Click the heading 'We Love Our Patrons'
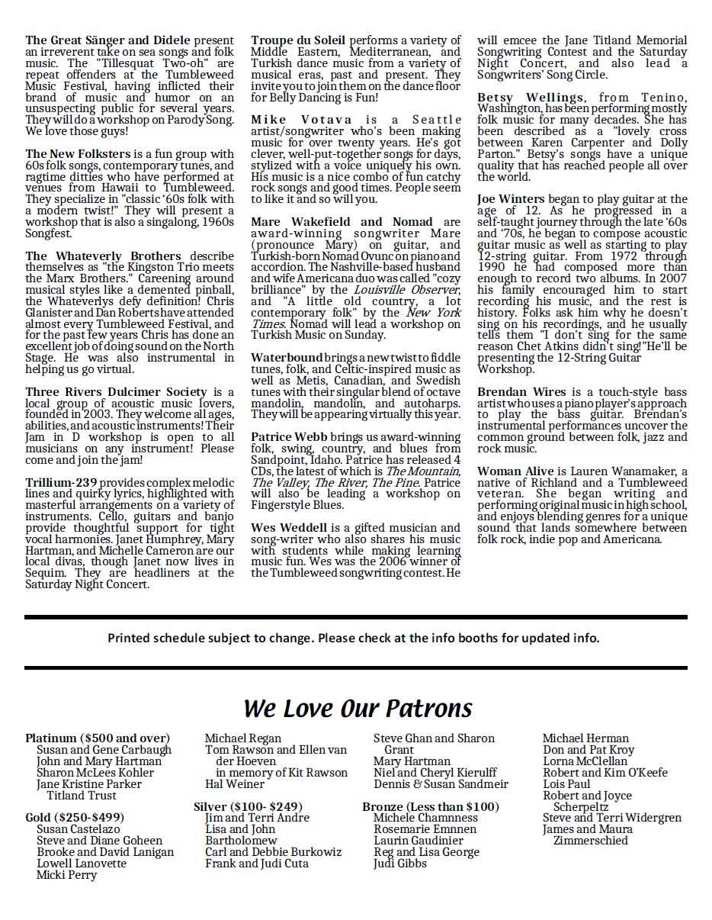pos(358,708)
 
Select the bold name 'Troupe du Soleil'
pos(298,40)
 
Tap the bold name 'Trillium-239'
pos(60,482)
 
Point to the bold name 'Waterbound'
pos(287,357)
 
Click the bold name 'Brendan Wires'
pos(521,392)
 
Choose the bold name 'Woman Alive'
pos(515,471)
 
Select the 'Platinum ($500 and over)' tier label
pos(98,738)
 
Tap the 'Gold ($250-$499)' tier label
pos(75,818)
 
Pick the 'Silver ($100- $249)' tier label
pos(248,806)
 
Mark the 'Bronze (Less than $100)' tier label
pos(431,806)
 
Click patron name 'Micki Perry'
pos(67,875)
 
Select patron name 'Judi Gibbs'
pos(399,864)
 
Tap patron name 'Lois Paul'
pos(566,784)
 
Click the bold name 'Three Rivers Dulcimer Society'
pos(116,392)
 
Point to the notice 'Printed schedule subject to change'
pos(353,638)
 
